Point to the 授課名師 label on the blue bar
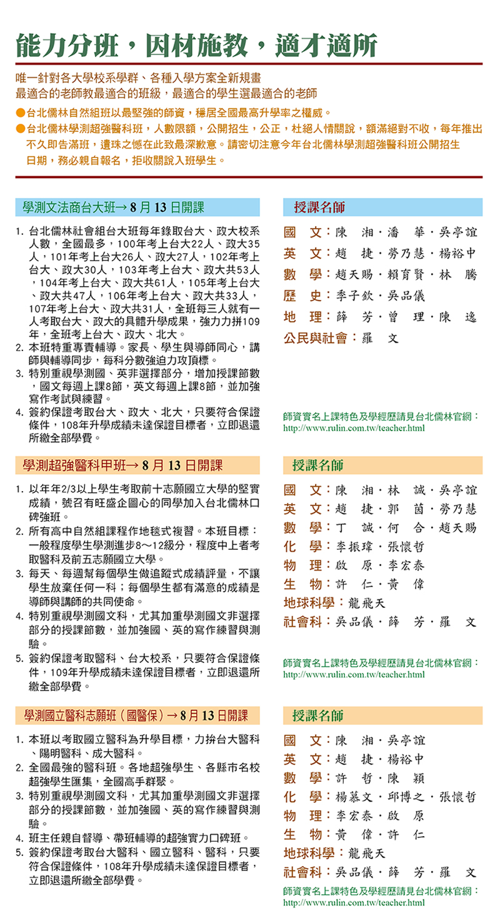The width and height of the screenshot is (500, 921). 319,207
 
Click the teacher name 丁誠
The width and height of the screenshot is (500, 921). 353,528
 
